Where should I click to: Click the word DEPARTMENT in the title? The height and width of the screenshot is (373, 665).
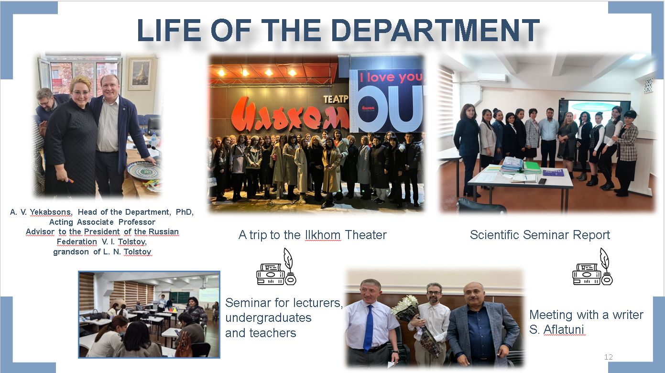coord(435,30)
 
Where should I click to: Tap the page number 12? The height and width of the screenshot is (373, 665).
coord(608,357)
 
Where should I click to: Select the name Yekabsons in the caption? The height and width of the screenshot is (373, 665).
coord(51,212)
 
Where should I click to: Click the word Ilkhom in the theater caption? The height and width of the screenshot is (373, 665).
coord(323,235)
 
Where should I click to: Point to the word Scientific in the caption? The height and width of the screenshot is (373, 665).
coord(495,235)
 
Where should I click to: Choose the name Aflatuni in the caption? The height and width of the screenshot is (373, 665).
coord(564,329)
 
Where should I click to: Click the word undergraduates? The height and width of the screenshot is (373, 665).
coord(268,318)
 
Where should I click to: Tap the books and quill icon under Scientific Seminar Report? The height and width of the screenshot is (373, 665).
coord(592,267)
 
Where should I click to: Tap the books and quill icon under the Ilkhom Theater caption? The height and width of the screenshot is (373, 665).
coord(276,267)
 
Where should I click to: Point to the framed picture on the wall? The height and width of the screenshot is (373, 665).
coord(141,73)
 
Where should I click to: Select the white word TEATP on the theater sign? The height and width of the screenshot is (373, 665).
coord(336,99)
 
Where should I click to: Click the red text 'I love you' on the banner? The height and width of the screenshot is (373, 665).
coord(391,77)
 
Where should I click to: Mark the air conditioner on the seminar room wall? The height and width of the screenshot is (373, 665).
coord(491,77)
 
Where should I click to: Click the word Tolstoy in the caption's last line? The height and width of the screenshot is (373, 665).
coord(138,252)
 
